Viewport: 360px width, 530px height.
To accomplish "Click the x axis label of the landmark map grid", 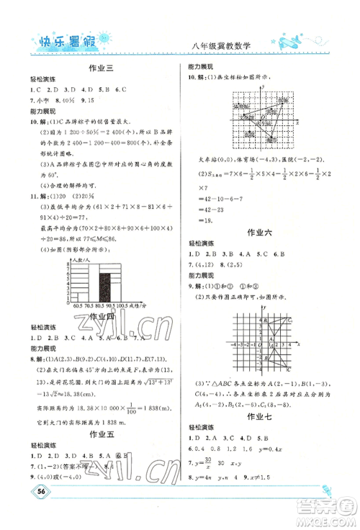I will [x=296, y=123].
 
